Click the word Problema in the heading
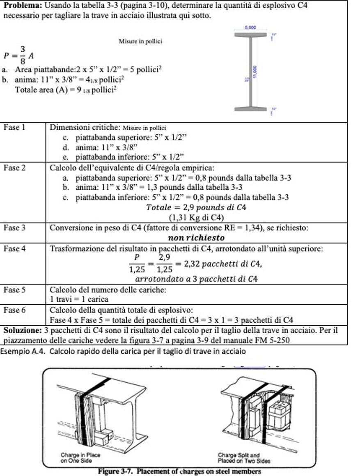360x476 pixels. pos(20,6)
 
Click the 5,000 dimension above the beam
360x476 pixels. pos(250,28)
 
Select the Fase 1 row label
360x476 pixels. pos(14,127)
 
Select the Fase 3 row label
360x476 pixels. pos(14,228)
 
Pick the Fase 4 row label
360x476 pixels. pos(14,248)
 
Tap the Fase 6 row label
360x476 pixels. pos(14,310)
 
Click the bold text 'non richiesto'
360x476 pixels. pos(196,237)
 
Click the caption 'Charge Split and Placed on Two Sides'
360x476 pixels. pos(245,458)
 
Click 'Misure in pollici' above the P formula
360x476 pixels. pos(140,41)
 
